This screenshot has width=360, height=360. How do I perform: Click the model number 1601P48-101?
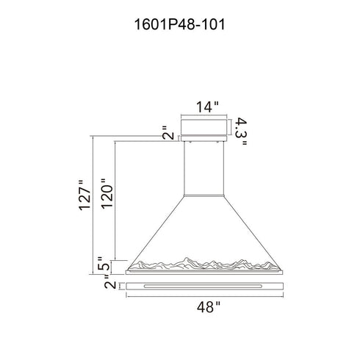(179, 24)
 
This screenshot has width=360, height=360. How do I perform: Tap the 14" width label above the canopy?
(207, 107)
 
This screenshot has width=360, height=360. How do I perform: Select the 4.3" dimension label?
(240, 132)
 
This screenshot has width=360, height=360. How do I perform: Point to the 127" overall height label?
(84, 195)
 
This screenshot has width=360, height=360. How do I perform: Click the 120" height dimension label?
(107, 193)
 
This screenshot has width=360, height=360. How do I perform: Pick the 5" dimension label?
(103, 263)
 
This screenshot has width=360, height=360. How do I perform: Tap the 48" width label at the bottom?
(209, 307)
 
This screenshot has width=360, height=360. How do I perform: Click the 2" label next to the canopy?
(168, 132)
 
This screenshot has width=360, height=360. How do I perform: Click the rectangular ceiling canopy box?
(204, 130)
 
